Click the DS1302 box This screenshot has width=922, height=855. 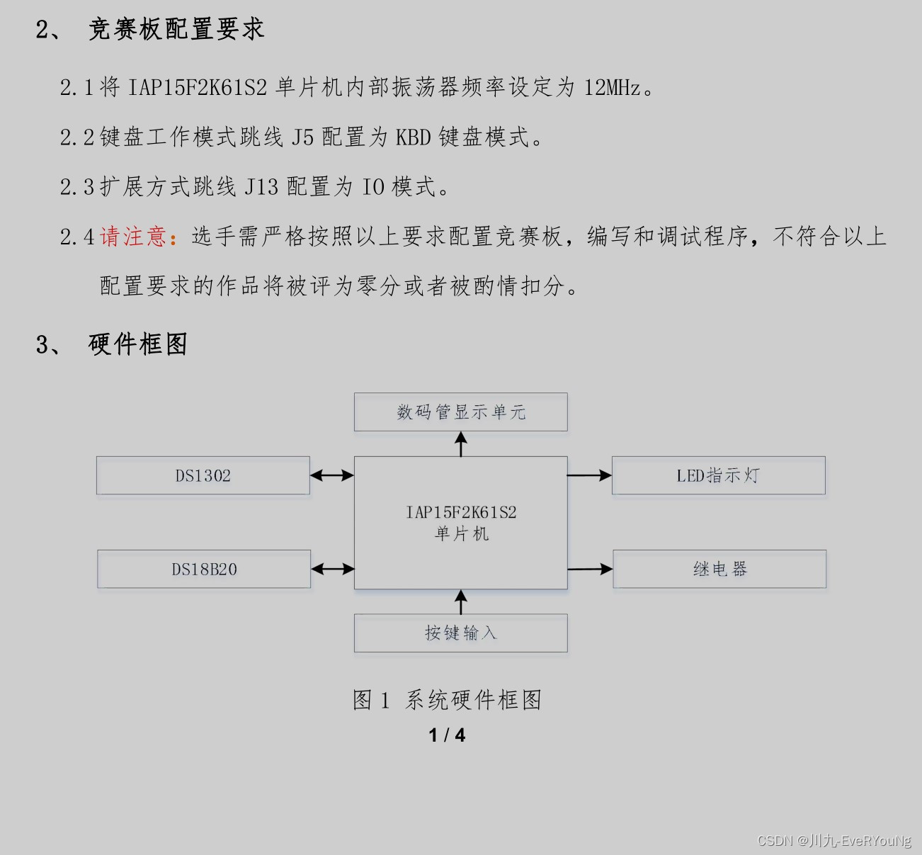point(203,475)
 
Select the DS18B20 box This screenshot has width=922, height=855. point(204,569)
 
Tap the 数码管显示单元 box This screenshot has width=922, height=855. point(461,412)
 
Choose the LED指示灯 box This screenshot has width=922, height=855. point(719,475)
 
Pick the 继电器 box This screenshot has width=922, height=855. point(719,569)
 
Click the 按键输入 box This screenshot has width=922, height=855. point(461,633)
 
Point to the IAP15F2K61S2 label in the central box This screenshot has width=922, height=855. point(461,512)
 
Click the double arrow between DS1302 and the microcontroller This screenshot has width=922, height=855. point(332,475)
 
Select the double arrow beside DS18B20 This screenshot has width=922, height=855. point(332,569)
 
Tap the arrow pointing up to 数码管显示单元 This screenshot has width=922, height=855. point(461,444)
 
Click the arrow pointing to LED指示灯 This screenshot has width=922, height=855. point(590,475)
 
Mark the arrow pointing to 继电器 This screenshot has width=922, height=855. point(591,569)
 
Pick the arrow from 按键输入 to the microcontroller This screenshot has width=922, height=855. point(461,601)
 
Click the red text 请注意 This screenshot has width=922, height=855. point(133,237)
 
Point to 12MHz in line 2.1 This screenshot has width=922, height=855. point(613,87)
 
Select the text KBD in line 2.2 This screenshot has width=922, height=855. point(413,137)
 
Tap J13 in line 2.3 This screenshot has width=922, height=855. point(261,187)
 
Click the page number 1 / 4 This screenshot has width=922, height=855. point(447,735)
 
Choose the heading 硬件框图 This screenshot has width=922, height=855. point(138,344)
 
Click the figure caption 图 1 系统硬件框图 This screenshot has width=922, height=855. point(447,700)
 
